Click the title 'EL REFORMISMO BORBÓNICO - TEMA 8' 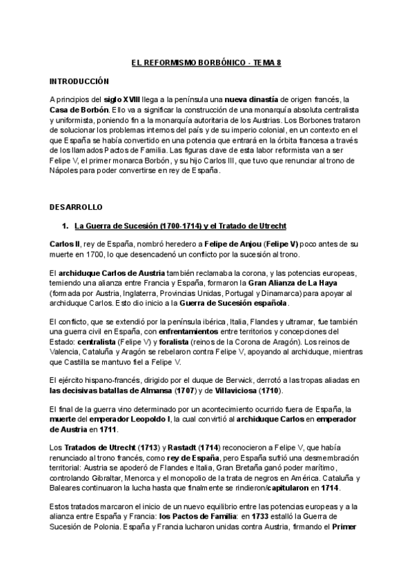click(206, 63)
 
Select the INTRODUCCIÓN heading click(80, 81)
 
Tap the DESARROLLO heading click(76, 207)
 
